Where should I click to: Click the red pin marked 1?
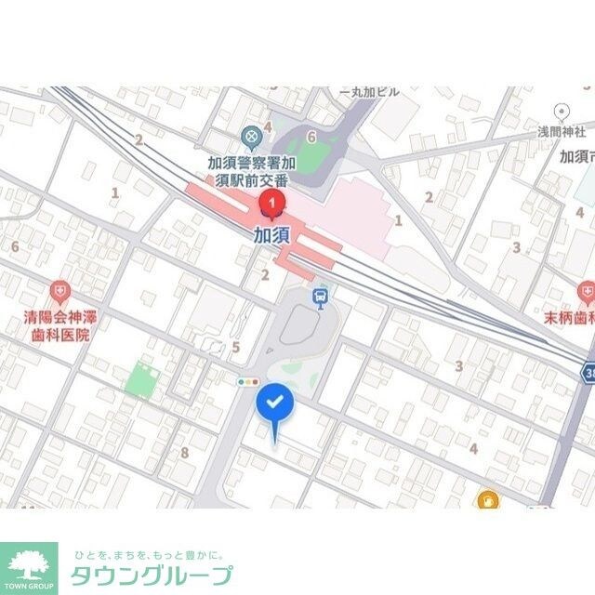[271, 203]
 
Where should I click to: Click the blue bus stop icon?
[321, 298]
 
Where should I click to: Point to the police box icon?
[251, 139]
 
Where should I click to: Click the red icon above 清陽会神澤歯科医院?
[60, 292]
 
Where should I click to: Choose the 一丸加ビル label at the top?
[369, 92]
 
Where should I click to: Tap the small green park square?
[142, 379]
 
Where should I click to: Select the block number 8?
[185, 453]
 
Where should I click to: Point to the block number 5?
[236, 348]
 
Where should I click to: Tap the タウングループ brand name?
[152, 575]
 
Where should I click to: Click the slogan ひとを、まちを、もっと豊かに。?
[150, 554]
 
